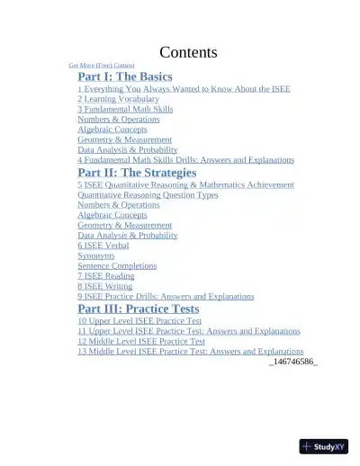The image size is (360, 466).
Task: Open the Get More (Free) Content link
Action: pyautogui.click(x=101, y=66)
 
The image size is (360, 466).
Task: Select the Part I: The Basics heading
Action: pyautogui.click(x=124, y=76)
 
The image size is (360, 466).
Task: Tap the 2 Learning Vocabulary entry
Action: pyautogui.click(x=118, y=99)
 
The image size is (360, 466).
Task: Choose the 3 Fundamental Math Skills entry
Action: pyautogui.click(x=125, y=109)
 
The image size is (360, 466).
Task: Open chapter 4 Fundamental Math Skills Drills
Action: pyautogui.click(x=185, y=159)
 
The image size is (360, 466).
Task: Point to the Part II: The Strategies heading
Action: pyautogui.click(x=137, y=172)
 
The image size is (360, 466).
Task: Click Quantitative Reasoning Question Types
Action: pyautogui.click(x=148, y=194)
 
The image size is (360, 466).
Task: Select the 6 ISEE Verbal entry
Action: pyautogui.click(x=103, y=245)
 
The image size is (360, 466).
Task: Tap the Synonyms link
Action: pyautogui.click(x=95, y=255)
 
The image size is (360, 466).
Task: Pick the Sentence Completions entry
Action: pyautogui.click(x=116, y=265)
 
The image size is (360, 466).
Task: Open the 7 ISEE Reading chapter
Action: pyautogui.click(x=106, y=276)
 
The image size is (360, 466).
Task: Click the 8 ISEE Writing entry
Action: pyautogui.click(x=104, y=286)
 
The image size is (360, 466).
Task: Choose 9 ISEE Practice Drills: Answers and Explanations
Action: pyautogui.click(x=166, y=296)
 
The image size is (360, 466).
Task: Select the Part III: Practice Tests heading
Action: pyautogui.click(x=138, y=309)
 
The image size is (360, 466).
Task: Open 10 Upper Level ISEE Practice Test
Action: pyautogui.click(x=139, y=320)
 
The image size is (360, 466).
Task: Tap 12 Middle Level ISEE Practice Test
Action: pyautogui.click(x=141, y=341)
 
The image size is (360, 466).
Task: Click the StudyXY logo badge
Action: pyautogui.click(x=324, y=446)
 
